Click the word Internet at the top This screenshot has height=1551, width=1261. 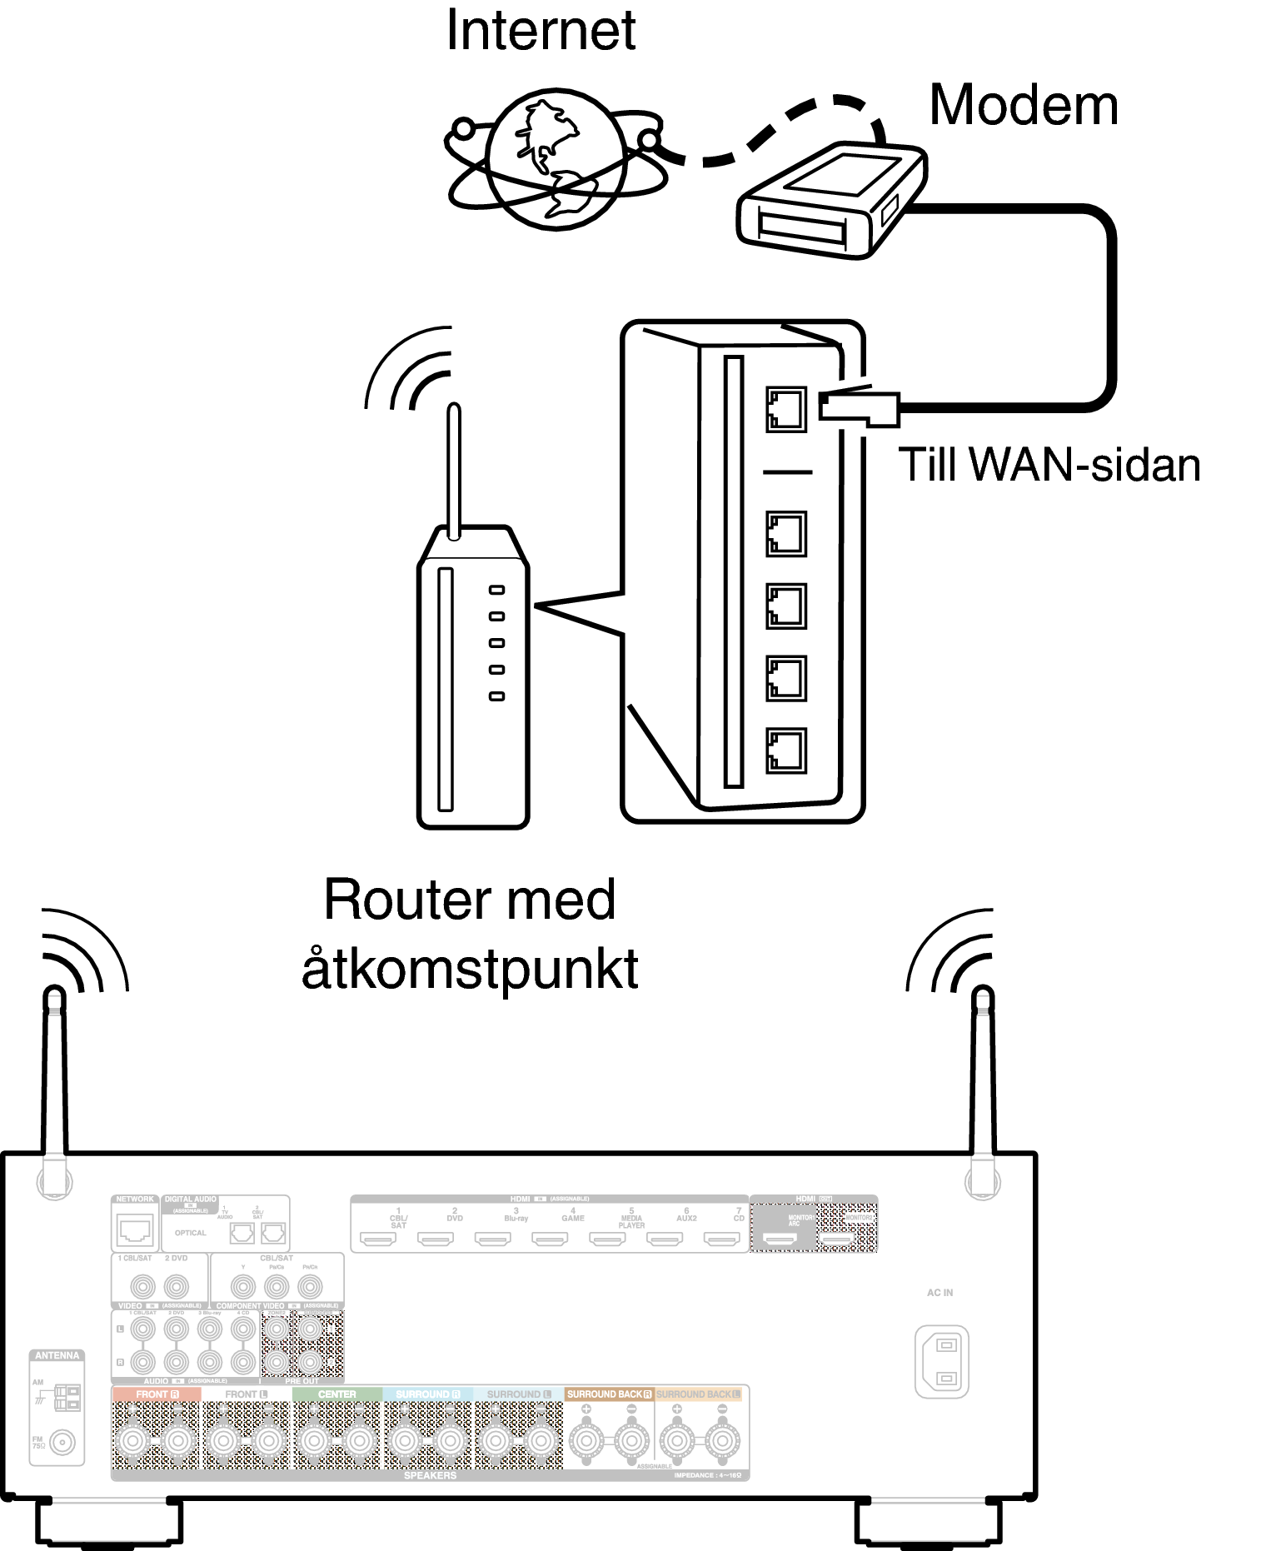541,31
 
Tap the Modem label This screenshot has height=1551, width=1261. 1023,106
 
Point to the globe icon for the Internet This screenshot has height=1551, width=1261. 556,158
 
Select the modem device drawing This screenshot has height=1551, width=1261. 830,201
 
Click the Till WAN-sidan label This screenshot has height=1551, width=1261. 1049,465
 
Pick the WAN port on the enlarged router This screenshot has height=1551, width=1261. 785,409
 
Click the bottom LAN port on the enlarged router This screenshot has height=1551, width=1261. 785,751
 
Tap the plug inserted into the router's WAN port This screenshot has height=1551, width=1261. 858,407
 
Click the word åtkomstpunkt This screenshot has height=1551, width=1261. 470,969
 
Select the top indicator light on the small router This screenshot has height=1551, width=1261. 497,590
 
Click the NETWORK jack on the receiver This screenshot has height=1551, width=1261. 135,1229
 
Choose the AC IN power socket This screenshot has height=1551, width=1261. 942,1361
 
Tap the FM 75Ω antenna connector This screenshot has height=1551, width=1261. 62,1442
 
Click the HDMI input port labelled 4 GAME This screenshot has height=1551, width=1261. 550,1239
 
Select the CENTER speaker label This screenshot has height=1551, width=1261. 336,1394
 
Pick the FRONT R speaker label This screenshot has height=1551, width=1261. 157,1394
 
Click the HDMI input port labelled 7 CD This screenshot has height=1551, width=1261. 721,1239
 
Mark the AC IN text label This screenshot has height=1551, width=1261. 940,1293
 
